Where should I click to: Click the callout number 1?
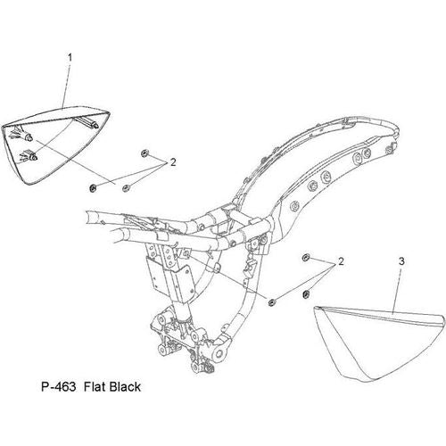tap(70, 58)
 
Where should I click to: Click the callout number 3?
tap(401, 261)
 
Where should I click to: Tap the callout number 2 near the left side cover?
tap(173, 162)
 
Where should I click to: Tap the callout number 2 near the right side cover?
tap(341, 261)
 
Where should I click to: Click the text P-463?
tap(58, 387)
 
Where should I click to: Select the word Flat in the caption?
tap(95, 387)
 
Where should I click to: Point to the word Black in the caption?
tap(125, 387)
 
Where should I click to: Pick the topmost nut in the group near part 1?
tap(145, 153)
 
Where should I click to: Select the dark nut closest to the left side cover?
tap(93, 188)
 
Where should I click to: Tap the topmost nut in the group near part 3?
tap(305, 258)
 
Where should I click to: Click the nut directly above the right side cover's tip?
tap(305, 294)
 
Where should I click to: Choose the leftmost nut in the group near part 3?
tap(271, 302)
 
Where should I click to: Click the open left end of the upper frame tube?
tap(89, 217)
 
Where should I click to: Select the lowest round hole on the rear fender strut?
tap(295, 206)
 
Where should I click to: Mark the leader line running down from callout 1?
tap(67, 86)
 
